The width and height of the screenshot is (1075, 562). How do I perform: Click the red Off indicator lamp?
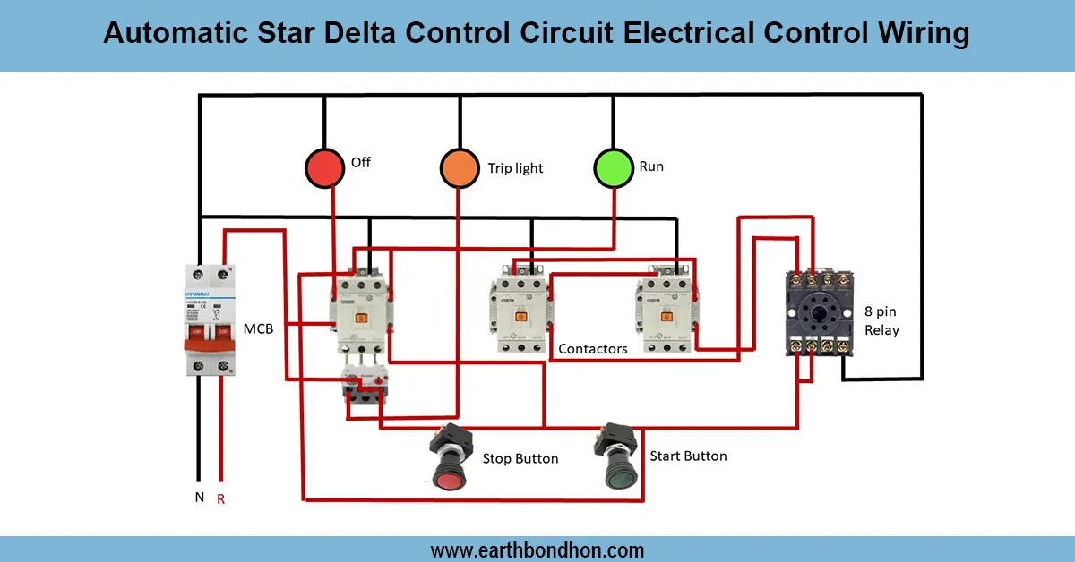pyautogui.click(x=324, y=168)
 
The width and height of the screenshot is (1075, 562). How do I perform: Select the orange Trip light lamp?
pyautogui.click(x=460, y=168)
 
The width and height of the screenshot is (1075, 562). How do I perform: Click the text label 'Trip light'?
pyautogui.click(x=515, y=168)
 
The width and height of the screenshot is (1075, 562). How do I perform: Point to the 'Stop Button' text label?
pyautogui.click(x=520, y=459)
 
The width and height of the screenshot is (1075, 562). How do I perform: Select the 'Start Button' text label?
pyautogui.click(x=688, y=456)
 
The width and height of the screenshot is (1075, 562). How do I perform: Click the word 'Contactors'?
pyautogui.click(x=593, y=349)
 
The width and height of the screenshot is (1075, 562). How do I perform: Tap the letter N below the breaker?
pyautogui.click(x=199, y=497)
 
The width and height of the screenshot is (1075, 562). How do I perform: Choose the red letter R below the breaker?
pyautogui.click(x=220, y=498)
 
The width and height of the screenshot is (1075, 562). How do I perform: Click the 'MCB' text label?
pyautogui.click(x=258, y=329)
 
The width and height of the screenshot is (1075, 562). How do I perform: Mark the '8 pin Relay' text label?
pyautogui.click(x=881, y=321)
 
